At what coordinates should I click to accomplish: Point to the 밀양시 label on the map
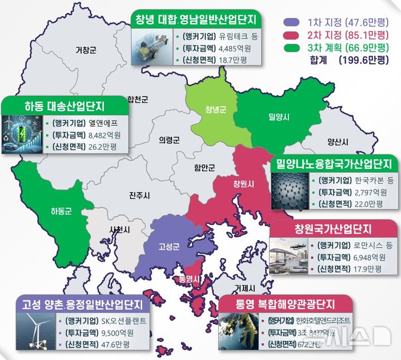[278, 118]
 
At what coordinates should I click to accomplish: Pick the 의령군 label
[169, 139]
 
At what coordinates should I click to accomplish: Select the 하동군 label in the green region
[61, 211]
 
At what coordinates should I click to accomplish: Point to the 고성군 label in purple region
[169, 245]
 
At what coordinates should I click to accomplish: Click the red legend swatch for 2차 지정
[291, 35]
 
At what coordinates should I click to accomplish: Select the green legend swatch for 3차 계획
[291, 47]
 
